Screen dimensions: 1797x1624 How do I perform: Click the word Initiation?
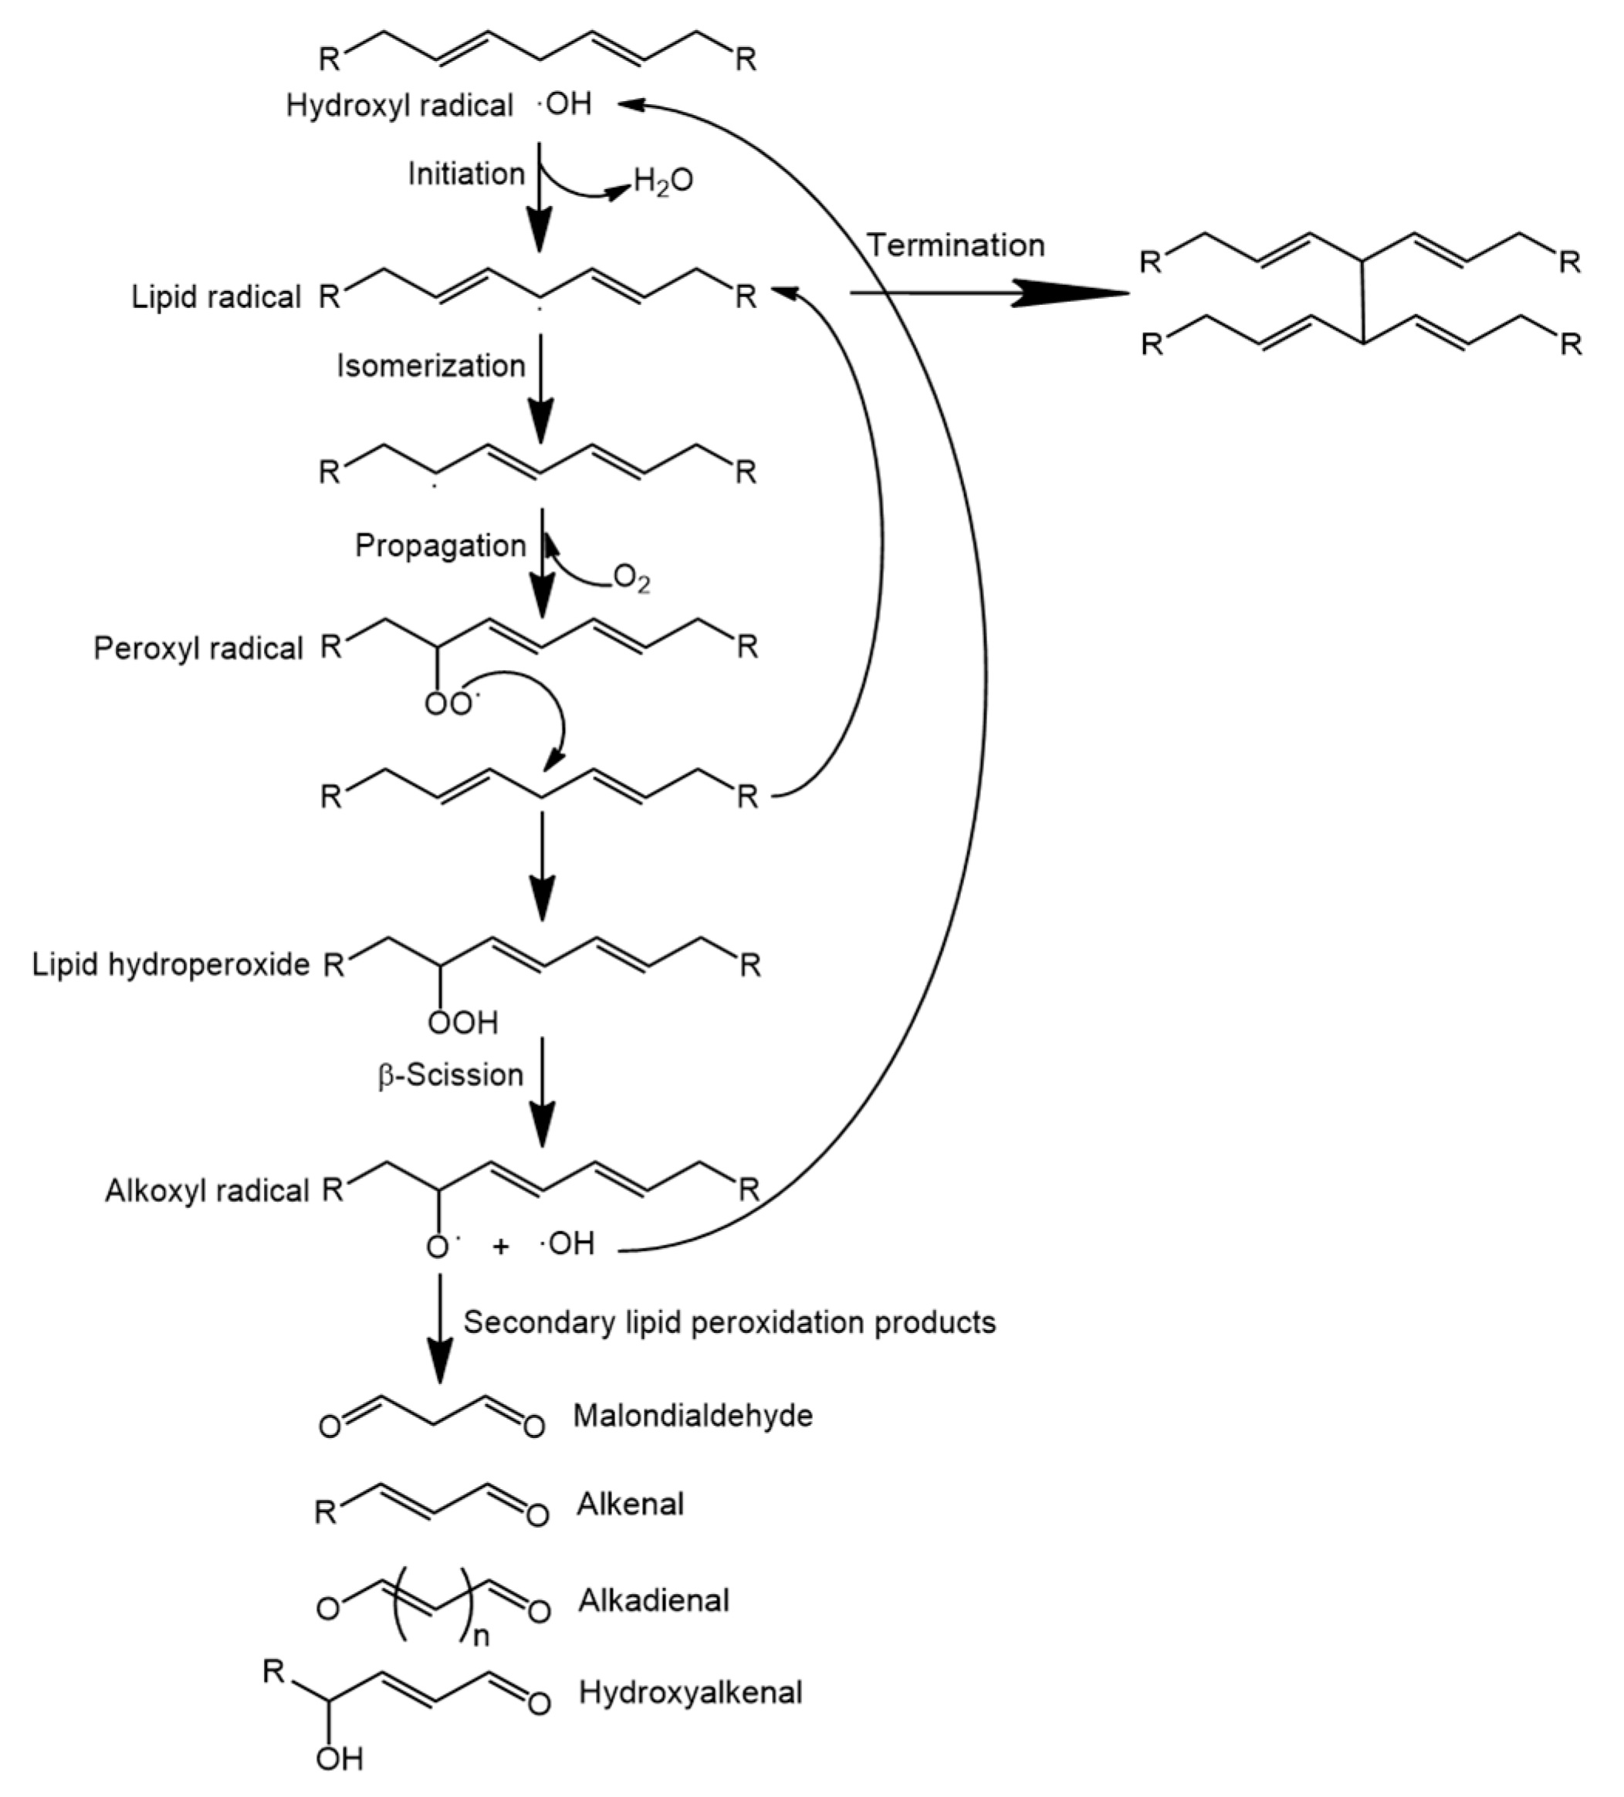pyautogui.click(x=465, y=174)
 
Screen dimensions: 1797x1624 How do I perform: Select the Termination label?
pyautogui.click(x=956, y=245)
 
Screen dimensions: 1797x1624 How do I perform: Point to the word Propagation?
pyautogui.click(x=440, y=546)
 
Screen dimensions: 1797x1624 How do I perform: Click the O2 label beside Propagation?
pyautogui.click(x=631, y=580)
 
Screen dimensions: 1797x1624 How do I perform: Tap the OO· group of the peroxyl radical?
pyautogui.click(x=449, y=704)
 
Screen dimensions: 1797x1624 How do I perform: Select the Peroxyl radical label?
pyautogui.click(x=198, y=648)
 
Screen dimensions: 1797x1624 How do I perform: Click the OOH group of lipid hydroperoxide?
pyautogui.click(x=462, y=1023)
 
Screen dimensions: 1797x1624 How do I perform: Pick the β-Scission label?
pyautogui.click(x=450, y=1075)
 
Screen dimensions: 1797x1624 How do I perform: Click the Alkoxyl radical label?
pyautogui.click(x=207, y=1191)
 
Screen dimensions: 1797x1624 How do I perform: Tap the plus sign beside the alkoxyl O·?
pyautogui.click(x=500, y=1246)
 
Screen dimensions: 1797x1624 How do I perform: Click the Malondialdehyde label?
pyautogui.click(x=692, y=1416)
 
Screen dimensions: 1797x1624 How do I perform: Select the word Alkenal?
pyautogui.click(x=630, y=1504)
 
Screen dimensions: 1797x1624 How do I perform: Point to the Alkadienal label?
pyautogui.click(x=653, y=1601)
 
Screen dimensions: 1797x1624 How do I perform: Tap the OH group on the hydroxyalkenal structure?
pyautogui.click(x=339, y=1758)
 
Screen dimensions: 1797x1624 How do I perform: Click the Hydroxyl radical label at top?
pyautogui.click(x=398, y=105)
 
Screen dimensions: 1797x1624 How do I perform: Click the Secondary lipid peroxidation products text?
pyautogui.click(x=729, y=1322)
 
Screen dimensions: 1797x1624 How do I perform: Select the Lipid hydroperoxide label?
pyautogui.click(x=171, y=964)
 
